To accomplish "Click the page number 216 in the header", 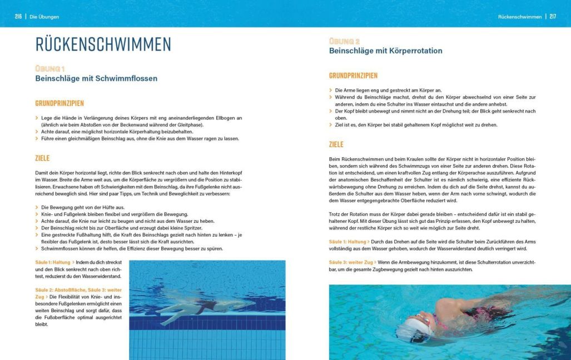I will coord(18,17).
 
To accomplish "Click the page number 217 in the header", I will coord(553,17).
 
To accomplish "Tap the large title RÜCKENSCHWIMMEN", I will coord(103,44).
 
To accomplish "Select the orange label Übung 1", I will coord(50,68).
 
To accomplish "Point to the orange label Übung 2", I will coord(344,41).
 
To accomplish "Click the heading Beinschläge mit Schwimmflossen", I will coord(96,78).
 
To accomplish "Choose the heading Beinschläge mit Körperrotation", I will coord(385,51).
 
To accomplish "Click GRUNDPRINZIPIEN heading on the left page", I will coord(59,103).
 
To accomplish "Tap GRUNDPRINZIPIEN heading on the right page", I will coord(353,76).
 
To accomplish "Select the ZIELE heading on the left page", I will coord(42,158).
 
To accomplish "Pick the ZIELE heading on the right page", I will coord(336,144).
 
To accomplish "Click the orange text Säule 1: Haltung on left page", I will coord(53,262).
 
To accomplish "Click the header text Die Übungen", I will coord(44,17).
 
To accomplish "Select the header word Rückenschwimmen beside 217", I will coord(520,17).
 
